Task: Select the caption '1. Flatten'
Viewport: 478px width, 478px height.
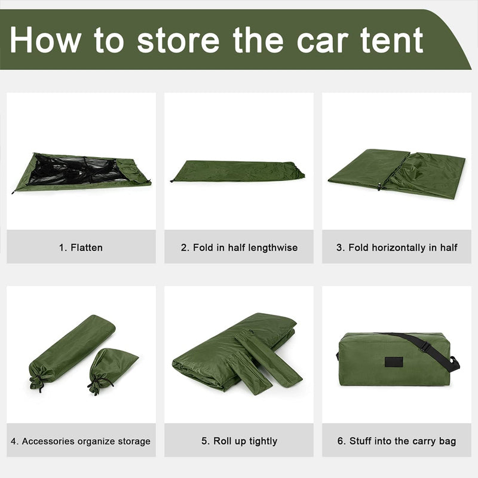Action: click(x=81, y=247)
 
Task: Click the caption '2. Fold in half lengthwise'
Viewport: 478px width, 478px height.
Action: click(x=239, y=247)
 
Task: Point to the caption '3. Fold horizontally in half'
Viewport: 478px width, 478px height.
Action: click(x=397, y=247)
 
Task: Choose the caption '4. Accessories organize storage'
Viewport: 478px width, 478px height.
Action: click(x=81, y=442)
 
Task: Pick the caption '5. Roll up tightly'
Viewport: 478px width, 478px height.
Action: click(x=239, y=442)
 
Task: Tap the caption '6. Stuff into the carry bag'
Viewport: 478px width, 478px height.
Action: click(x=397, y=442)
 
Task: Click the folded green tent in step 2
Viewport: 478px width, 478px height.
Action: click(x=238, y=171)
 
